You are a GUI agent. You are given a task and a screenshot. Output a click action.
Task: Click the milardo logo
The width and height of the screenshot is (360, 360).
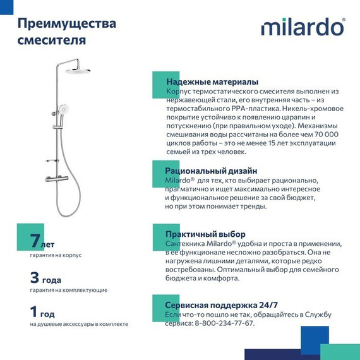(303, 28)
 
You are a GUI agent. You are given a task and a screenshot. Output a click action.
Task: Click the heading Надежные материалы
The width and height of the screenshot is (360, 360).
(212, 82)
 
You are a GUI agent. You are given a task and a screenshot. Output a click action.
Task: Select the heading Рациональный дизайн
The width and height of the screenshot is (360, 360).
(211, 171)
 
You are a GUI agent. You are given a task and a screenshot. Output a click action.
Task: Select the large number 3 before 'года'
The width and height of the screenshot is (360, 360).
(36, 277)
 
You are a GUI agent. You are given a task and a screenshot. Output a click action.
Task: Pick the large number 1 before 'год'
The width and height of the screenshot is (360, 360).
(35, 312)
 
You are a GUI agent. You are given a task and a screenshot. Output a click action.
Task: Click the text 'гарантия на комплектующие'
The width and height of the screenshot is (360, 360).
(68, 290)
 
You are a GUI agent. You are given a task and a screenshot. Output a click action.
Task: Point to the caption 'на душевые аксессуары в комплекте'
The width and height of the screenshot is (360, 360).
(79, 324)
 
